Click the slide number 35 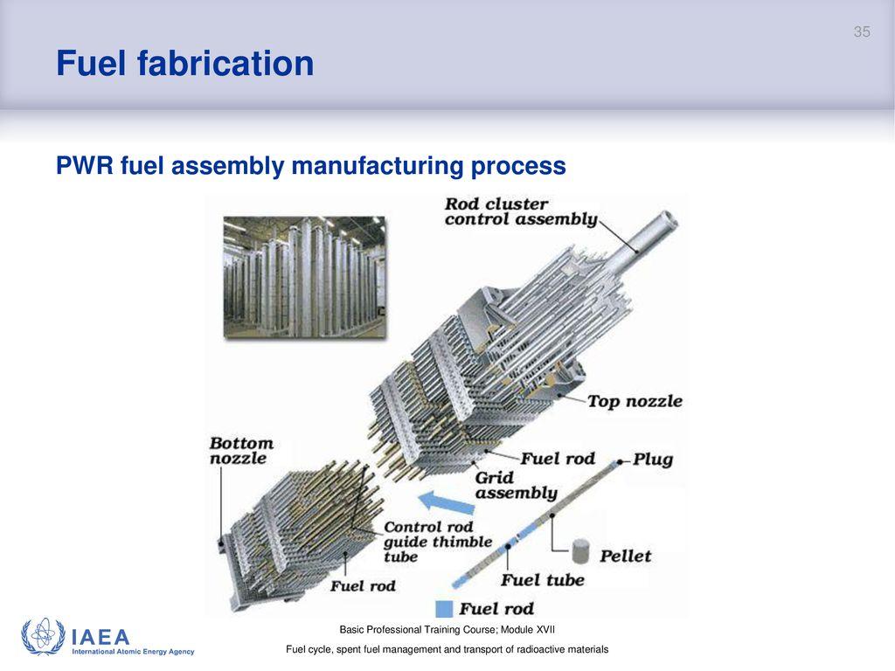[x=862, y=32]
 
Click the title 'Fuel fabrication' [x=184, y=64]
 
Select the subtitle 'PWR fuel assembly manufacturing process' [x=310, y=165]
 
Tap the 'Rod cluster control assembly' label [x=520, y=211]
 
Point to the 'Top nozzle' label [x=634, y=402]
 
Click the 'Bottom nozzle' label [x=241, y=451]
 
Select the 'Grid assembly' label [x=516, y=486]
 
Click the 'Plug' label [x=652, y=460]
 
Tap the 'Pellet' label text [x=625, y=556]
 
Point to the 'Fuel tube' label [x=542, y=579]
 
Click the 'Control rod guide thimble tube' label [x=430, y=542]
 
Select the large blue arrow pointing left [x=449, y=502]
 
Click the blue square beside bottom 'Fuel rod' [x=444, y=609]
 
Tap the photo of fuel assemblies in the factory [x=303, y=277]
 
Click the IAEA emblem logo [x=43, y=637]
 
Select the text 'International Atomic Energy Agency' [x=133, y=652]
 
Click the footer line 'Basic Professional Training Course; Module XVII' [x=447, y=630]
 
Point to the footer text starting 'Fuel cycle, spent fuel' [x=447, y=650]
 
